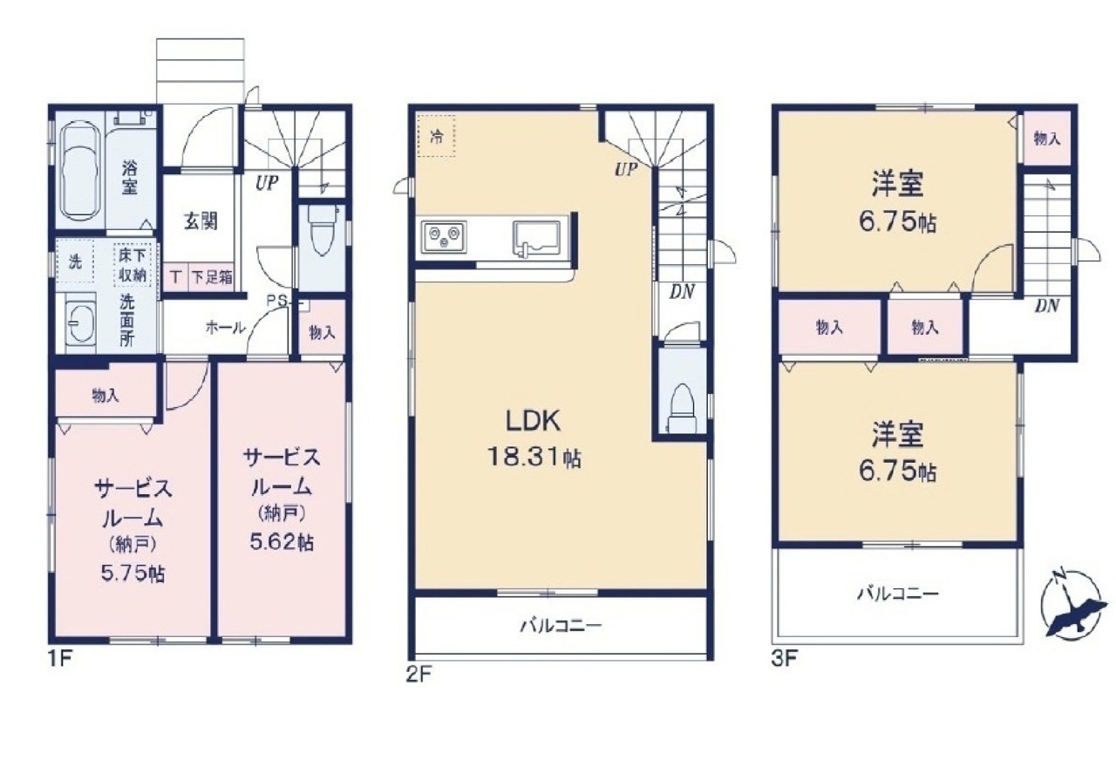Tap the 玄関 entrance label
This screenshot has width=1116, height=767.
click(x=201, y=221)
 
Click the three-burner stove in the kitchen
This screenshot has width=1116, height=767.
click(x=444, y=238)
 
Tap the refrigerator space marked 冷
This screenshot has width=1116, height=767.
click(x=437, y=137)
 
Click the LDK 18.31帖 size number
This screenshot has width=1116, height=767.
click(x=534, y=457)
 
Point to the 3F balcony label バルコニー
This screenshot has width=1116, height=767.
click(x=898, y=594)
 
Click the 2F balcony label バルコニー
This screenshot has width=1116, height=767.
click(x=561, y=626)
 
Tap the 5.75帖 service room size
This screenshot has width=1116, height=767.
click(x=133, y=574)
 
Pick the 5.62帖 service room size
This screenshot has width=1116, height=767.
click(x=281, y=542)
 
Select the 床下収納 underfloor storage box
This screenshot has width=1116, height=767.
click(x=133, y=265)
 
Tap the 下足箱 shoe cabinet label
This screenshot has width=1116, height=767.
click(x=212, y=277)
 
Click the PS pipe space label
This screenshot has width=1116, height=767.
click(x=278, y=301)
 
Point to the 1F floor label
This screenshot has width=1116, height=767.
click(x=60, y=660)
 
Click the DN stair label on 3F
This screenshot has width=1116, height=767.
click(x=1047, y=306)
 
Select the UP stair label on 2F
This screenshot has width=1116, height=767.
click(x=626, y=170)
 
